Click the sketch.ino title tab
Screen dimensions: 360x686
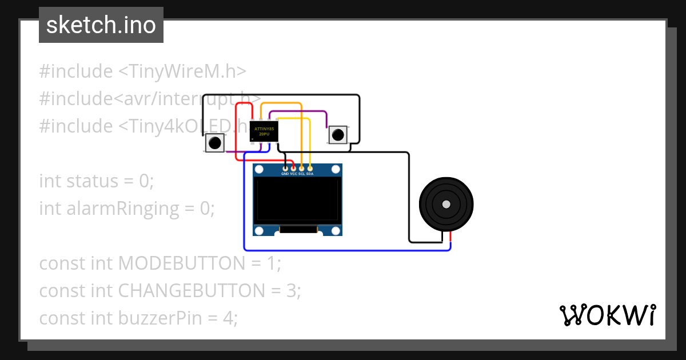[101, 25]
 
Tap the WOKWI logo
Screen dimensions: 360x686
[607, 315]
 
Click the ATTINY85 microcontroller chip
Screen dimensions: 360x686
[264, 131]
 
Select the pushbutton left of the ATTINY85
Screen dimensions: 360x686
[215, 143]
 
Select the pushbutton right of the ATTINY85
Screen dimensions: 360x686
[338, 135]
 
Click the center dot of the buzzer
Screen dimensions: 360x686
[446, 205]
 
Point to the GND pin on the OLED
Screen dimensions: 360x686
[285, 169]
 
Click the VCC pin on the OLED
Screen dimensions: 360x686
[293, 169]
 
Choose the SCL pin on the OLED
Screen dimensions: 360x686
[301, 169]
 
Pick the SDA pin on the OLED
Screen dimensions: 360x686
[309, 169]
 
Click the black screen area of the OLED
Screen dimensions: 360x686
[297, 200]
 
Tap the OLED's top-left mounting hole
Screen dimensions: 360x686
[260, 170]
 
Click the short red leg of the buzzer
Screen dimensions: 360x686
[450, 236]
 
